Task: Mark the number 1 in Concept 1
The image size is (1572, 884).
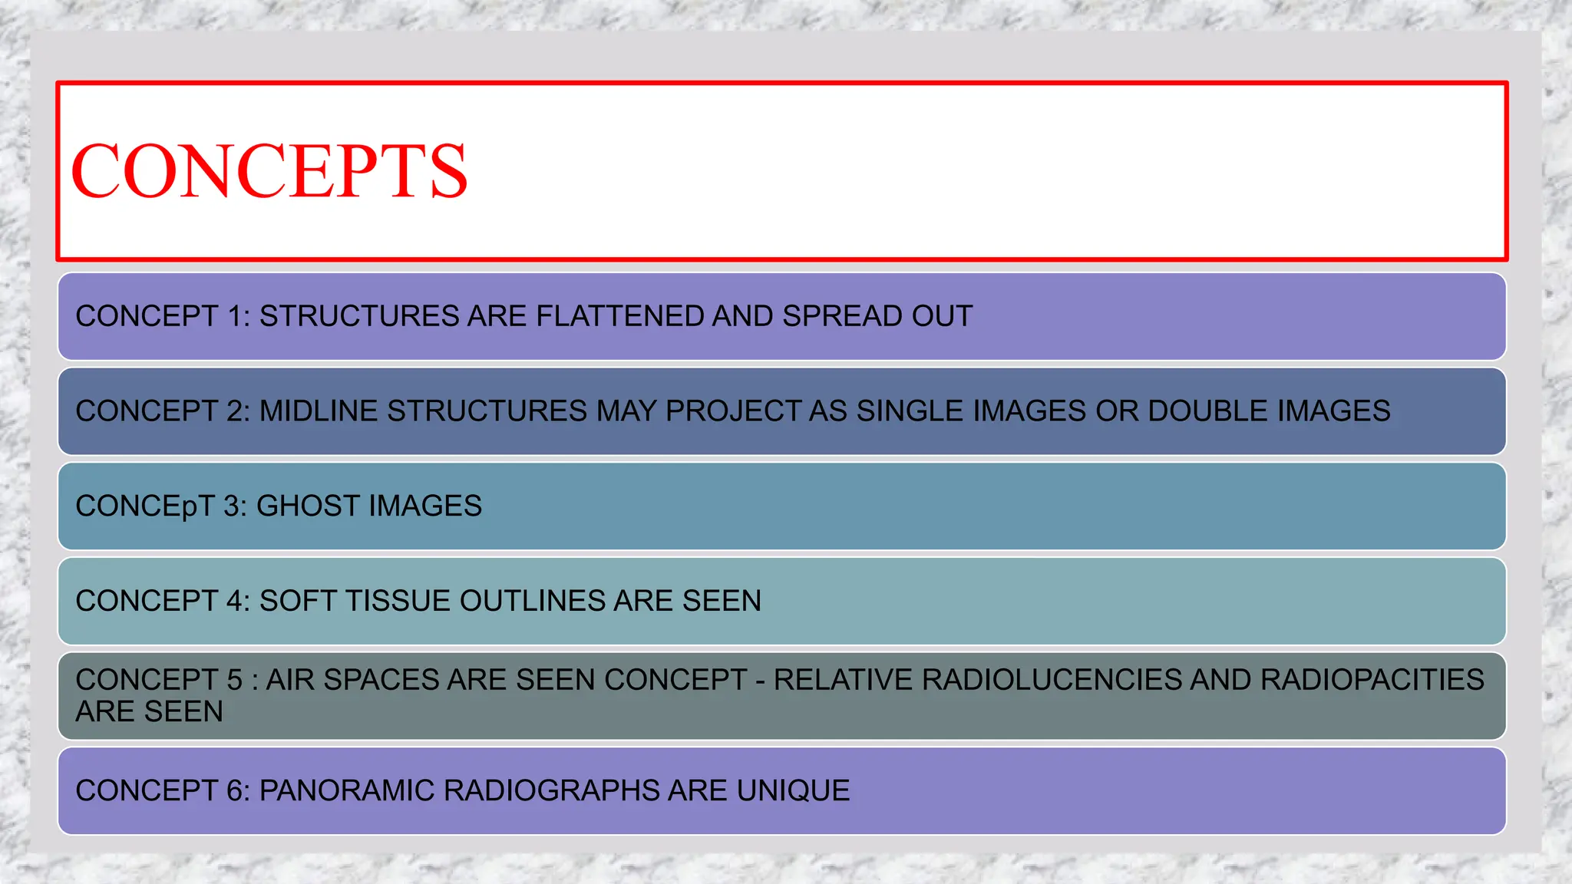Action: click(x=234, y=316)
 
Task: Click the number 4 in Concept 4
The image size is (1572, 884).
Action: click(x=234, y=601)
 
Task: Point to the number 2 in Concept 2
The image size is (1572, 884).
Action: click(x=234, y=411)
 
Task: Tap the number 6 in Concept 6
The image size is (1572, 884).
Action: click(x=234, y=790)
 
